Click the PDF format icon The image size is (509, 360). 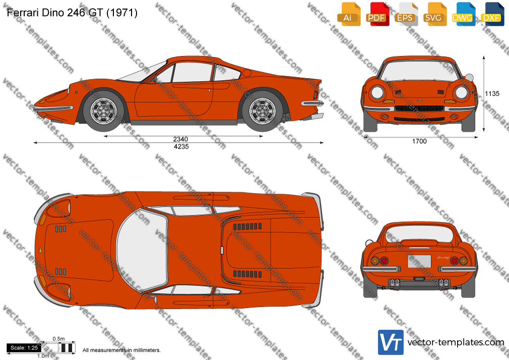pyautogui.click(x=376, y=14)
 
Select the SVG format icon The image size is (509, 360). pyautogui.click(x=433, y=14)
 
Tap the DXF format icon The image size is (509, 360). pyautogui.click(x=491, y=14)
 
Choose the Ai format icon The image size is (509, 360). pyautogui.click(x=348, y=14)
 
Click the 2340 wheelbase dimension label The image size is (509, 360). pyautogui.click(x=180, y=139)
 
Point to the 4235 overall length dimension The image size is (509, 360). pyautogui.click(x=181, y=147)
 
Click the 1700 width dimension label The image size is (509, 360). pyautogui.click(x=419, y=141)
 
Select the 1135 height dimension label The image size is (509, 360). pyautogui.click(x=492, y=94)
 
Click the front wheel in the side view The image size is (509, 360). pyautogui.click(x=103, y=111)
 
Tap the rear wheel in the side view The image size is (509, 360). pyautogui.click(x=262, y=111)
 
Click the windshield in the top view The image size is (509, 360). pyautogui.click(x=142, y=250)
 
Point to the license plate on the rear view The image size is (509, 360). pyautogui.click(x=419, y=261)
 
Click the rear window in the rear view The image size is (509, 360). pyautogui.click(x=419, y=234)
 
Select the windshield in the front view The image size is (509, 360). pyautogui.click(x=419, y=70)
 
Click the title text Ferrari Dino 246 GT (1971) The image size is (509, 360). pyautogui.click(x=72, y=12)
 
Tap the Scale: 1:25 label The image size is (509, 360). pyautogui.click(x=24, y=348)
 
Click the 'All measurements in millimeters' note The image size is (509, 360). pyautogui.click(x=122, y=350)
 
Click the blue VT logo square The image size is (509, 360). pyautogui.click(x=391, y=342)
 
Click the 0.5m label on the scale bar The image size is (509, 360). pyautogui.click(x=59, y=339)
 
